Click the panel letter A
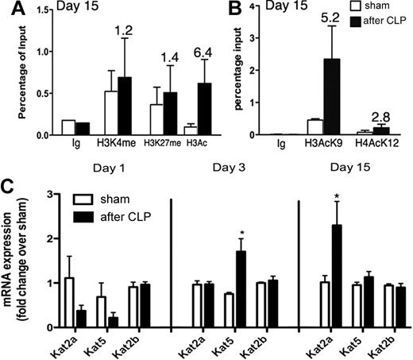click(x=10, y=10)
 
